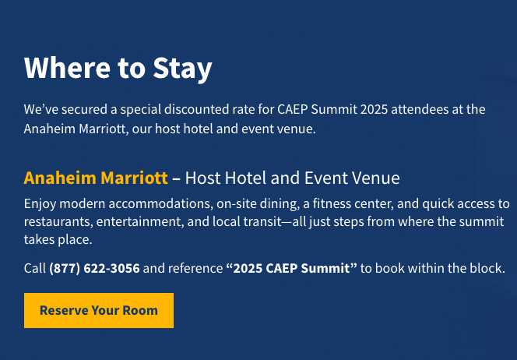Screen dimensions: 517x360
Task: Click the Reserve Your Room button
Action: pos(99,310)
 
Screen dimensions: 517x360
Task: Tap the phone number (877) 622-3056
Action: pos(94,268)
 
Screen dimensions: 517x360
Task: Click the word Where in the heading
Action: pos(67,68)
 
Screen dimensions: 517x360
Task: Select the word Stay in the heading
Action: pos(182,69)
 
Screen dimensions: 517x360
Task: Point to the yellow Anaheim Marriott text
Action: pos(96,178)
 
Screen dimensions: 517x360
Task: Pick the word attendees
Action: pos(420,109)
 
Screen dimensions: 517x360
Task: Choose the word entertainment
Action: pos(140,222)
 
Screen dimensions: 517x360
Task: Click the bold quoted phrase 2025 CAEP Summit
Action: pos(291,268)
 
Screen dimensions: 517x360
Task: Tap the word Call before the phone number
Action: pos(34,268)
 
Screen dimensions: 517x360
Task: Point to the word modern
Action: pos(83,204)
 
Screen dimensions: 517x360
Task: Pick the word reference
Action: pos(195,268)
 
